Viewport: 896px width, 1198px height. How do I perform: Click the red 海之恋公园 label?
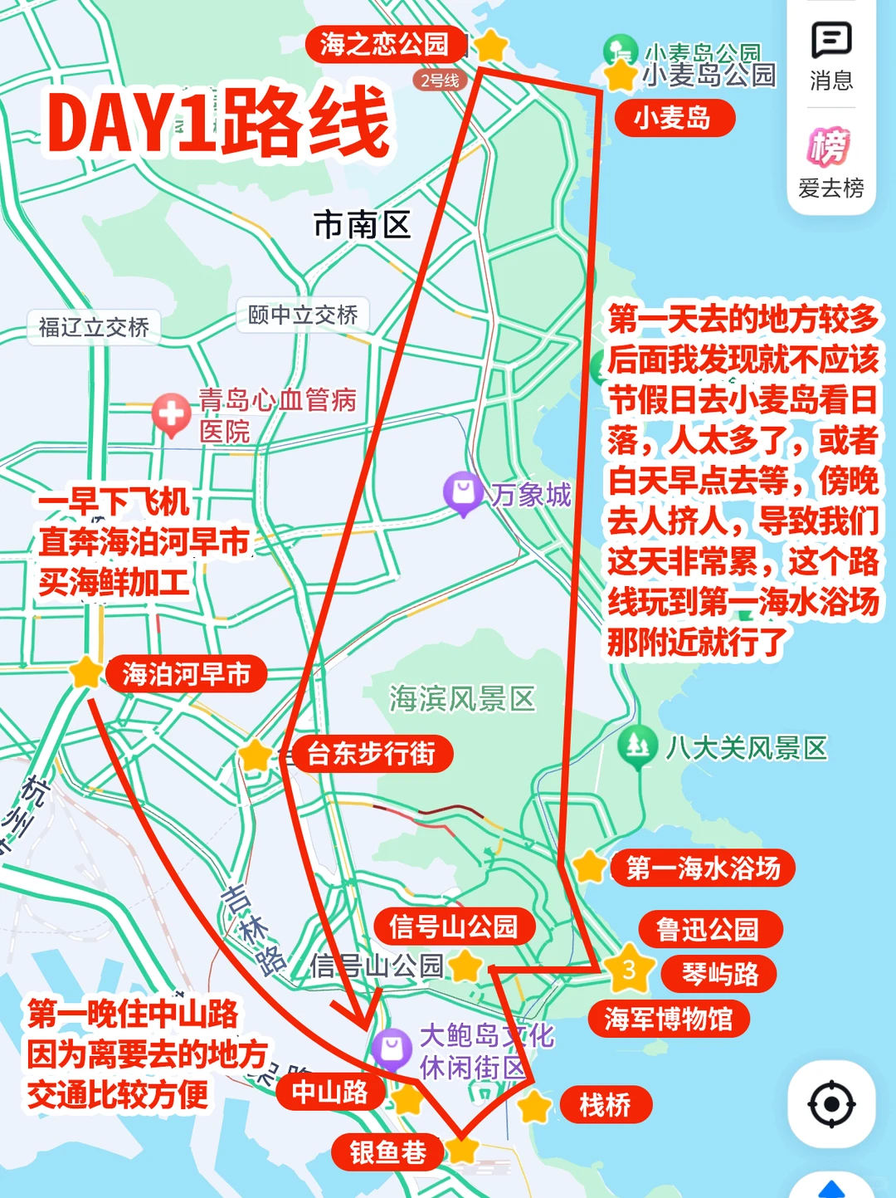click(383, 44)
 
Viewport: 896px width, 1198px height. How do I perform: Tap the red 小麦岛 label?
click(674, 118)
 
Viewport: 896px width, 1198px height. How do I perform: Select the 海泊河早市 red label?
click(186, 674)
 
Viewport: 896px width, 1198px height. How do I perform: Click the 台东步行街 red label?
click(371, 754)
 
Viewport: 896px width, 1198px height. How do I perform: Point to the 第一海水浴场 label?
click(703, 868)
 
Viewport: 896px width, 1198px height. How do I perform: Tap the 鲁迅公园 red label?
click(709, 929)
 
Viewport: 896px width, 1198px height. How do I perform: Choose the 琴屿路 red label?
click(719, 974)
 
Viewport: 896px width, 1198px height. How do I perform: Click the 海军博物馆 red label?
click(669, 1019)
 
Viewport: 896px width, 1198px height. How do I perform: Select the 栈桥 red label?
click(605, 1105)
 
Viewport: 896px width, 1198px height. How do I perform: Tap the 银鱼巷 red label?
click(387, 1152)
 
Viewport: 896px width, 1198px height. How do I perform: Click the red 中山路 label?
click(330, 1093)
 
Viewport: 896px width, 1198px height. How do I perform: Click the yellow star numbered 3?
click(629, 969)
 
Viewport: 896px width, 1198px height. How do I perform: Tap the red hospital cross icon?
click(172, 413)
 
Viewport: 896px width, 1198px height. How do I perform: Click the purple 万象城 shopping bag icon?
click(463, 492)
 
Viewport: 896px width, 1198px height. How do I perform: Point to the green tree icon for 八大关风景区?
click(637, 745)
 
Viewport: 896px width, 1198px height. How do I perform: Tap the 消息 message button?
click(831, 54)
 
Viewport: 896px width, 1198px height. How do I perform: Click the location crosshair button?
click(831, 1104)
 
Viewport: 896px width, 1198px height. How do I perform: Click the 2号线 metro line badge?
click(440, 81)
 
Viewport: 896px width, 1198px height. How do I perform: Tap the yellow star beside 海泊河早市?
click(85, 672)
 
